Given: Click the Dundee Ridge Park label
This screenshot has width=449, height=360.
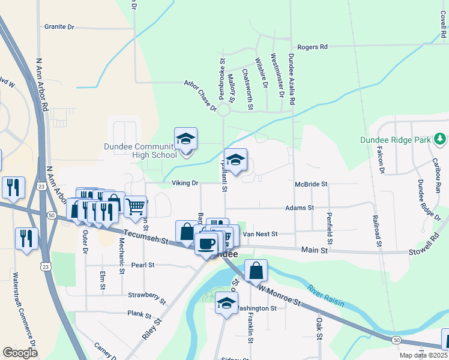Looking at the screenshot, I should point(396,140).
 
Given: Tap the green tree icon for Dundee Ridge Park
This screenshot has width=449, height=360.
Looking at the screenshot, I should point(440,140).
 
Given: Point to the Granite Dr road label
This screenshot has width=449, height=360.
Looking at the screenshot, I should point(59,26).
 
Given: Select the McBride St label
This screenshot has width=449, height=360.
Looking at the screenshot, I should point(311,184).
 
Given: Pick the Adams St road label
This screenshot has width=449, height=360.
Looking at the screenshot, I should point(300,208).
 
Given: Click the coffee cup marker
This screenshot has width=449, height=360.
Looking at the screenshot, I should point(206,243).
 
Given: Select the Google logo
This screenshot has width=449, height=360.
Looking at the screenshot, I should point(20,352).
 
